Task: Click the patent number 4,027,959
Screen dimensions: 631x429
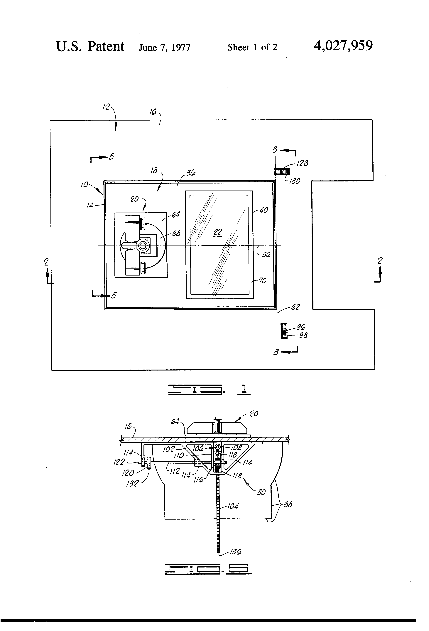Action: [343, 46]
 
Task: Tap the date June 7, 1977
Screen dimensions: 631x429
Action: [164, 48]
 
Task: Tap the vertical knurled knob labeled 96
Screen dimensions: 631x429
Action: [284, 330]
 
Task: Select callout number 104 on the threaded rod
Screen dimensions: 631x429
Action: [233, 506]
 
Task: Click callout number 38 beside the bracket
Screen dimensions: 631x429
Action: [288, 505]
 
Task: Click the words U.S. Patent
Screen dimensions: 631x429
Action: [90, 46]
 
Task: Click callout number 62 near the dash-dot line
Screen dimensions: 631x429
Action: [295, 307]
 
